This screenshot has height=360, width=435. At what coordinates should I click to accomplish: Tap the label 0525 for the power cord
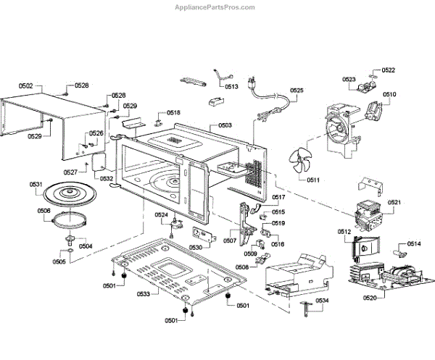coord(297,91)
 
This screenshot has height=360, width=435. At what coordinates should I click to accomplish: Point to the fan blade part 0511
coord(298,164)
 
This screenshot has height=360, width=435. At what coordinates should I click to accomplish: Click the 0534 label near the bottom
coord(321,301)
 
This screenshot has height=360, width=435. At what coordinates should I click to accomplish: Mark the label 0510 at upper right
coord(389,95)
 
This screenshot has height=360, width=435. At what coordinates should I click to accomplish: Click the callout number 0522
coord(389,70)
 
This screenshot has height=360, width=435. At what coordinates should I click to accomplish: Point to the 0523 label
coord(349,79)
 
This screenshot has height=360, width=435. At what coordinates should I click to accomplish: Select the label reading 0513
coord(232,86)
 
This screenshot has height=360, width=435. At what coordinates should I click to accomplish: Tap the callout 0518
coord(173,113)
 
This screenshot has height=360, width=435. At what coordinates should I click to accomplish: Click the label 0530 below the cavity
coord(196,247)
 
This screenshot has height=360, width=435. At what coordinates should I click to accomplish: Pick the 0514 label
coord(413,244)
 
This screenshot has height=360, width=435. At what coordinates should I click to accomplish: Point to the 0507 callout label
coord(230,240)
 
